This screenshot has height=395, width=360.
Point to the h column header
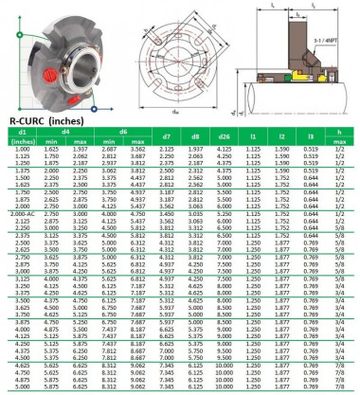tap(338, 135)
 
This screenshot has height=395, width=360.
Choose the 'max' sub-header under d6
tap(137, 143)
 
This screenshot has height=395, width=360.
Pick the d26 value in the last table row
tap(225, 386)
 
